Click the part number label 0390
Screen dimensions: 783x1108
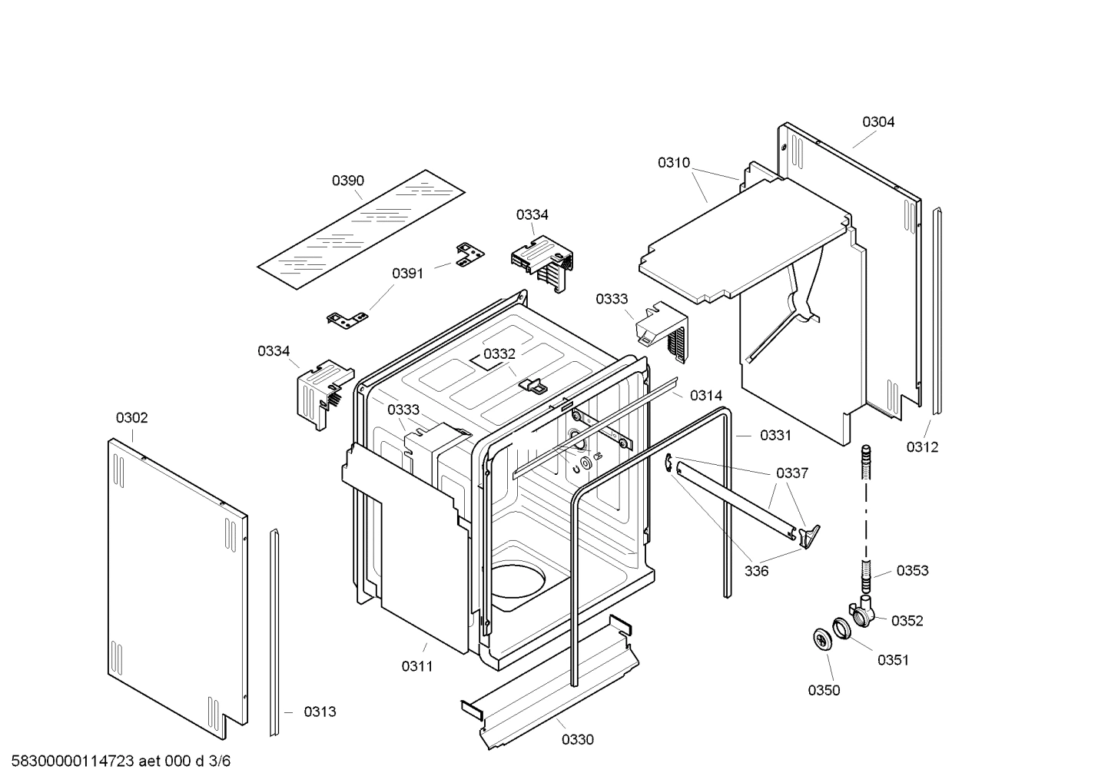347,181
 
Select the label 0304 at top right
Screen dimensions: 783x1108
877,121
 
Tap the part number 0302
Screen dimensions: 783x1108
131,418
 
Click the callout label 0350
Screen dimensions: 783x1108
823,690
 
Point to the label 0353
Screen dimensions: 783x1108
912,570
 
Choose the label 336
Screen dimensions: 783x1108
756,571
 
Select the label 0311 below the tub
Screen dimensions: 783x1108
416,666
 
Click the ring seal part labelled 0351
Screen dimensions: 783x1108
841,627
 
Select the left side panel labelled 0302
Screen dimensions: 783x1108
177,580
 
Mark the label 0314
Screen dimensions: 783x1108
705,396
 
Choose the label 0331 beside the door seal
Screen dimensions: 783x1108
775,436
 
